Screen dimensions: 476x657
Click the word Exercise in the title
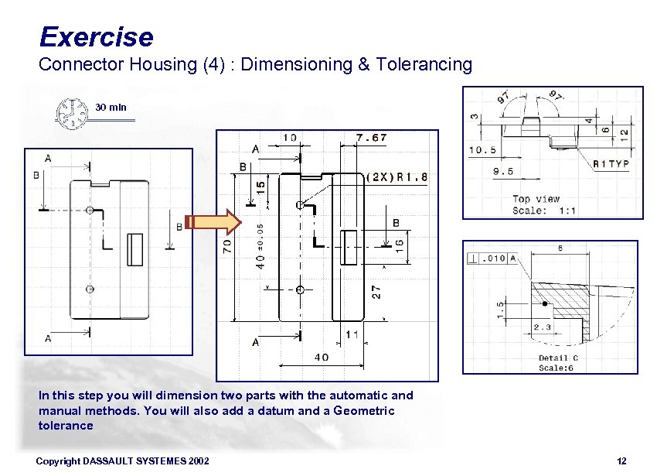click(x=96, y=36)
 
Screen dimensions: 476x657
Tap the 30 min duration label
click(x=111, y=107)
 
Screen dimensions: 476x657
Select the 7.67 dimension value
click(x=371, y=138)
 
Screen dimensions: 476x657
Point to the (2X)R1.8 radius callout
click(x=397, y=176)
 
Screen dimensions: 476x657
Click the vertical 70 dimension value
click(x=227, y=247)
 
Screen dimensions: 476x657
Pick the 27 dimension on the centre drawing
click(x=377, y=291)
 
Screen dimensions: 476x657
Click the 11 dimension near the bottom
click(x=352, y=334)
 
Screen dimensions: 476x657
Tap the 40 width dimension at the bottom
click(x=321, y=357)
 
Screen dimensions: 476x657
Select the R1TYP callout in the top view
click(x=611, y=163)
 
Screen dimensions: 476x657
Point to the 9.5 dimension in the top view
click(x=503, y=171)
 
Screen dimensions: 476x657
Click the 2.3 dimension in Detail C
click(x=543, y=328)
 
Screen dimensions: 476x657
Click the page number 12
click(x=621, y=461)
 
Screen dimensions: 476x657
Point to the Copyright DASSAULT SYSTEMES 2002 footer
click(x=123, y=461)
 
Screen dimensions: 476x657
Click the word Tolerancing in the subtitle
click(x=424, y=64)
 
